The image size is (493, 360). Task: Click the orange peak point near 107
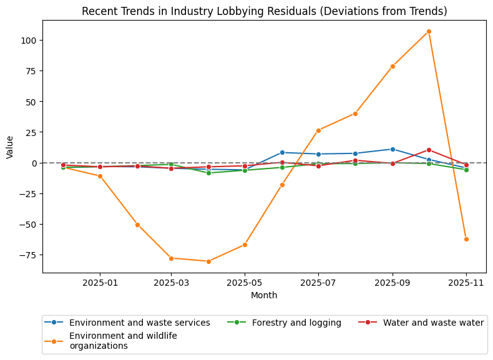(x=429, y=31)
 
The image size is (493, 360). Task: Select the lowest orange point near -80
(x=208, y=261)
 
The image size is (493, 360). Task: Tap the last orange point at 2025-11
(x=466, y=239)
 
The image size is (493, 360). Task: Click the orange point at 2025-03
(x=171, y=258)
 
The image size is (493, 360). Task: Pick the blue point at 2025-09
(x=393, y=149)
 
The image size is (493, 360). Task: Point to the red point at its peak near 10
(x=429, y=150)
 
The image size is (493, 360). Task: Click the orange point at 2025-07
(x=318, y=130)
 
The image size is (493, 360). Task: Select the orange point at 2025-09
(x=393, y=66)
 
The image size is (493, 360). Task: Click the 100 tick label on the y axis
(x=30, y=41)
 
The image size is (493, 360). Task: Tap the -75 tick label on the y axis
(x=28, y=255)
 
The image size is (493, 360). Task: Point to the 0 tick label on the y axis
(x=35, y=163)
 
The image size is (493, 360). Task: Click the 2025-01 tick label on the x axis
(x=100, y=283)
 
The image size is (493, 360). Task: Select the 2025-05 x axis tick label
(x=245, y=283)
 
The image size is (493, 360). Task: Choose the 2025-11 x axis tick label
(x=466, y=283)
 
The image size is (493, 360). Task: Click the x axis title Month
(x=264, y=295)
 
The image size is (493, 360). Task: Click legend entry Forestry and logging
(x=296, y=323)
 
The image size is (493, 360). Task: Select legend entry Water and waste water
(x=433, y=323)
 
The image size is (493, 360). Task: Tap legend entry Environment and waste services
(x=139, y=323)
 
